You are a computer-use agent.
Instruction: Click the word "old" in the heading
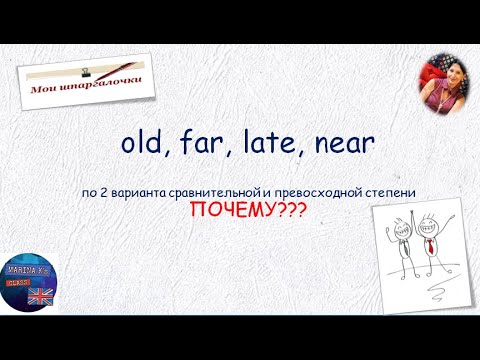(x=142, y=145)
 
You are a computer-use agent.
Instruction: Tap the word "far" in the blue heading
(x=206, y=145)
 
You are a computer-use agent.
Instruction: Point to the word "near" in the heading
(x=343, y=146)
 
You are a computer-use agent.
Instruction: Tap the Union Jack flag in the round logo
(x=40, y=295)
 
